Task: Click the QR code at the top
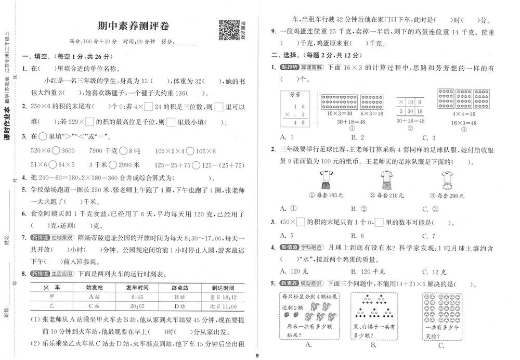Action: [228, 30]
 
